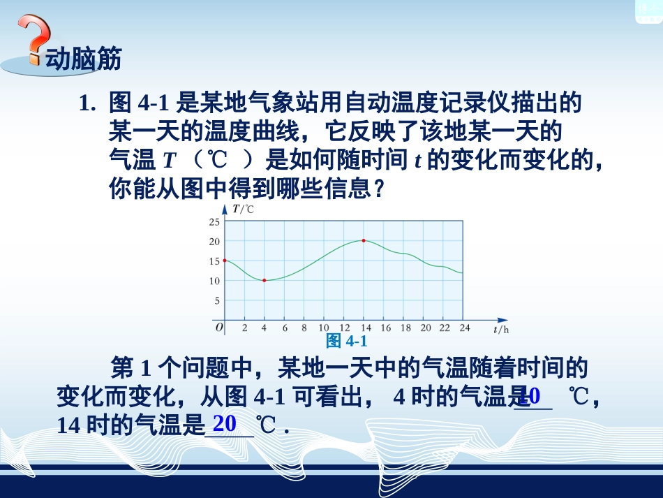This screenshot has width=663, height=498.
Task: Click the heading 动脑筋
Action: [83, 59]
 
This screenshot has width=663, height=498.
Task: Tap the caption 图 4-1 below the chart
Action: [346, 341]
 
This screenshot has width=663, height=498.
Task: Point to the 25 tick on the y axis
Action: [214, 222]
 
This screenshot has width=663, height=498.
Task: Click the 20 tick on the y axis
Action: [214, 242]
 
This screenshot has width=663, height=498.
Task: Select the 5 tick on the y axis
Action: [216, 301]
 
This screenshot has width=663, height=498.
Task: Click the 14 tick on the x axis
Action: [364, 327]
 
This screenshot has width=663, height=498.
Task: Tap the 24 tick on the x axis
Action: [464, 327]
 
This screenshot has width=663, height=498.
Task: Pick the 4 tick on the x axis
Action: [264, 327]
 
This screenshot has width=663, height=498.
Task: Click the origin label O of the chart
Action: [218, 326]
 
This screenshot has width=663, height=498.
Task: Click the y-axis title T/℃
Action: [243, 209]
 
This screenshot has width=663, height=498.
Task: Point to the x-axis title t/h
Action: [500, 328]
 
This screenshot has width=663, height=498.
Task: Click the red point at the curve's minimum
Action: [264, 280]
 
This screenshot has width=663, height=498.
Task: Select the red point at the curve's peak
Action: [364, 240]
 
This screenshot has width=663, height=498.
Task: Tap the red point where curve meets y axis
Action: [225, 260]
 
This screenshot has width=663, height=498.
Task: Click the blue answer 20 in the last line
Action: [225, 423]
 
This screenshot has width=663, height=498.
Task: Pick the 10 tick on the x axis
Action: [323, 327]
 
